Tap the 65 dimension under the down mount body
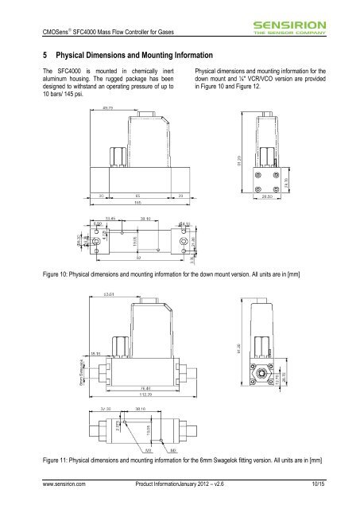[x=139, y=193]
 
